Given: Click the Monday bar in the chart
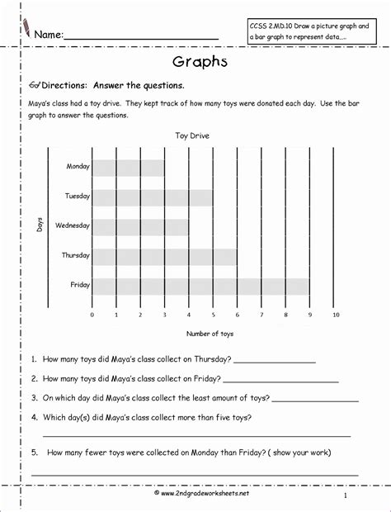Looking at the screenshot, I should pyautogui.click(x=128, y=168).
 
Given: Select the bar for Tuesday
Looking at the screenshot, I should pyautogui.click(x=152, y=197).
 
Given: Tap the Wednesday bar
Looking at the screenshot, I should pyautogui.click(x=140, y=226).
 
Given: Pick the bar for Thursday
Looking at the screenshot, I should pyautogui.click(x=164, y=256).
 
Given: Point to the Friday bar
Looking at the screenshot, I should pyautogui.click(x=200, y=286).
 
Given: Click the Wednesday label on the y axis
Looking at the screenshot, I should pyautogui.click(x=73, y=225).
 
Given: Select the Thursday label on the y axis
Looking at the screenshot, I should pyautogui.click(x=75, y=255).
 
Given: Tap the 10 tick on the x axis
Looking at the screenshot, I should pyautogui.click(x=335, y=315).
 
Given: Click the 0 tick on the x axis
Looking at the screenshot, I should pyautogui.click(x=92, y=315).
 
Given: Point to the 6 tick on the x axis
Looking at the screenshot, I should pyautogui.click(x=238, y=315).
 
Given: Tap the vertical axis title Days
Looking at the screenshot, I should pyautogui.click(x=39, y=225).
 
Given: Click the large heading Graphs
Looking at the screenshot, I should pyautogui.click(x=195, y=62).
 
